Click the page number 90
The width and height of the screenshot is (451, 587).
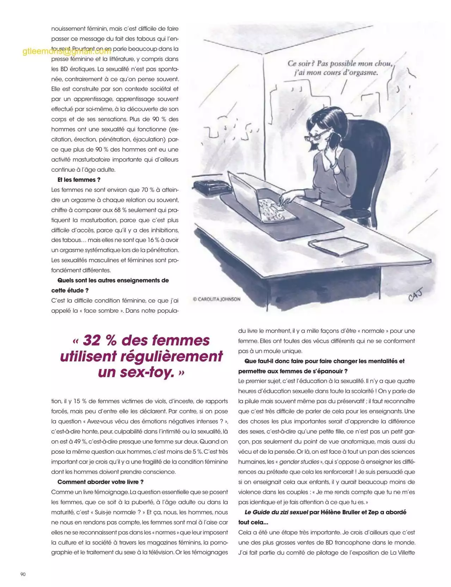(23, 574)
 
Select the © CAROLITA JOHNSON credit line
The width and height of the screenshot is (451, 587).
(217, 299)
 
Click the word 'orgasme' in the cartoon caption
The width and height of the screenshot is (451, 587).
(363, 73)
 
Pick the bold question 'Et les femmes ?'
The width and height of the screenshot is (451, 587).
(79, 180)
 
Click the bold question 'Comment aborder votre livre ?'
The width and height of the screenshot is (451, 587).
(100, 482)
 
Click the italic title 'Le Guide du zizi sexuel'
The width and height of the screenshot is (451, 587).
(276, 512)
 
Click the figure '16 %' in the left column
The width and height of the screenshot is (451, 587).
(153, 240)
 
